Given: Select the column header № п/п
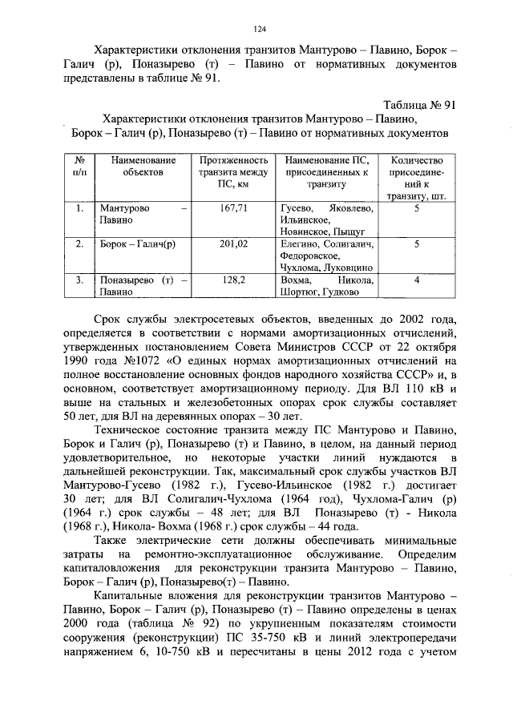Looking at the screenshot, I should tap(79, 165).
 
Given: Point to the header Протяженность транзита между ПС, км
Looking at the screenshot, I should tap(233, 171).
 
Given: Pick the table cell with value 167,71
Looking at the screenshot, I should tap(233, 207).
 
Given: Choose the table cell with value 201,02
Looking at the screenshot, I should tap(233, 244).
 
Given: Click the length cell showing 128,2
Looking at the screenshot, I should tap(233, 280).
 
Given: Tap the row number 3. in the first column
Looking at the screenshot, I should tap(79, 280).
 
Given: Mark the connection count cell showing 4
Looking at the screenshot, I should tap(417, 280).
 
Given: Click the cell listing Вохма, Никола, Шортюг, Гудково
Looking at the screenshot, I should tap(327, 286).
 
